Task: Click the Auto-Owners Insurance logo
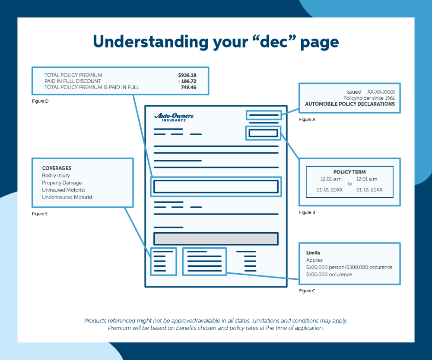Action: [174, 117]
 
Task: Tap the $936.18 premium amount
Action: [187, 75]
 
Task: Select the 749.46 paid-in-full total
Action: [188, 87]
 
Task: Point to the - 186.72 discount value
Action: [187, 81]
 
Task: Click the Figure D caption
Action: [41, 101]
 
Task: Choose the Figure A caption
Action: [307, 120]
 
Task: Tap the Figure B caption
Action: [307, 213]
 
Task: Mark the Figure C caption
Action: [307, 291]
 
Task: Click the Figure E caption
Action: [40, 214]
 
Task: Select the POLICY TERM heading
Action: [349, 172]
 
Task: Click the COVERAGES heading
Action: [57, 168]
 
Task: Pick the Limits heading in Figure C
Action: [313, 253]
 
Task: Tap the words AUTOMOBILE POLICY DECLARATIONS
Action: [350, 104]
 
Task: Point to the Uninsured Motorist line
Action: [64, 190]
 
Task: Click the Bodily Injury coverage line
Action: [56, 176]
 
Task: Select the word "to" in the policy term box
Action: [349, 184]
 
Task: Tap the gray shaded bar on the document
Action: [216, 239]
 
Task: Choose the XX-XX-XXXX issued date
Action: [381, 92]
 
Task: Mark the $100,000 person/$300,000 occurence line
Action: [349, 267]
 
